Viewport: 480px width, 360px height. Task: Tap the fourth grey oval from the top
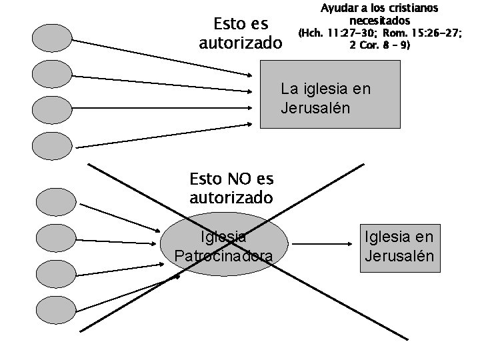click(53, 146)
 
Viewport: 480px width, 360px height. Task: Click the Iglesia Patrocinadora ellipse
click(225, 246)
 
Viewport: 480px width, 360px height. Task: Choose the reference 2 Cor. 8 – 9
click(379, 45)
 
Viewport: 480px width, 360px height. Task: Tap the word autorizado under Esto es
click(241, 43)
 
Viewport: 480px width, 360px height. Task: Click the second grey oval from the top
click(53, 74)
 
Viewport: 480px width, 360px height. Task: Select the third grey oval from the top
click(53, 110)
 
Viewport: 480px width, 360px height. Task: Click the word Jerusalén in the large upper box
click(315, 107)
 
